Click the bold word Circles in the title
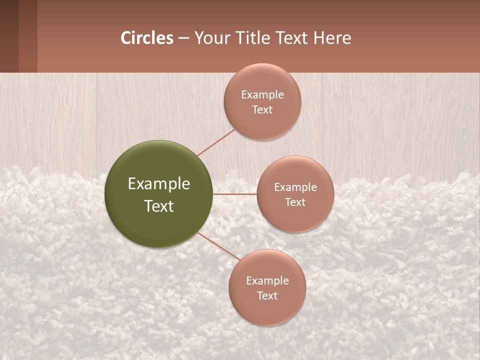click(146, 38)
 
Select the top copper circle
click(262, 80)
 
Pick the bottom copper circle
click(267, 310)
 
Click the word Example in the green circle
click(159, 184)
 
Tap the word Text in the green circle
click(159, 206)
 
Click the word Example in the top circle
click(262, 95)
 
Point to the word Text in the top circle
click(262, 109)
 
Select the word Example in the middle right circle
click(295, 187)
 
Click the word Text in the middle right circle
click(295, 202)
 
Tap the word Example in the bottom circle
click(267, 281)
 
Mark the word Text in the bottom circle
click(267, 295)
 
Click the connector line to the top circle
click(216, 142)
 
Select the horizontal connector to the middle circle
click(235, 194)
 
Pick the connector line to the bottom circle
click(219, 246)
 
